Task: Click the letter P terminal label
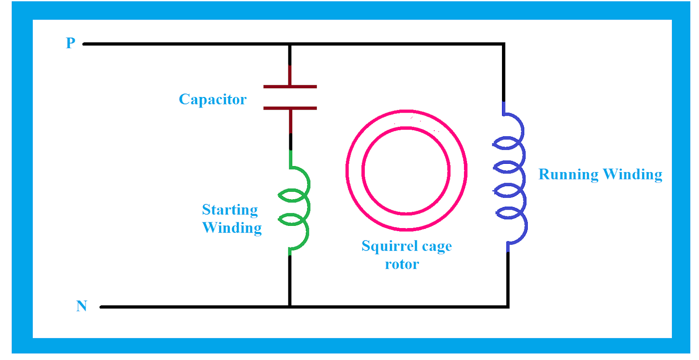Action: tap(70, 43)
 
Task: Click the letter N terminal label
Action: tap(82, 306)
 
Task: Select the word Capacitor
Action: tap(213, 100)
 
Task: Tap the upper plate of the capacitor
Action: tap(290, 87)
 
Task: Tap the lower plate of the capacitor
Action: tap(290, 108)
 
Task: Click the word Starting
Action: tap(230, 210)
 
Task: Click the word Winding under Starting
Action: tap(232, 228)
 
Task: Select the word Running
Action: tap(568, 174)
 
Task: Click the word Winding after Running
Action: tap(633, 174)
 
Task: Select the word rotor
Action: tap(402, 264)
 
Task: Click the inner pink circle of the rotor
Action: tap(406, 128)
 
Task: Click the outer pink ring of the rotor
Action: tap(406, 111)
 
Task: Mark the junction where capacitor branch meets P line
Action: tap(290, 44)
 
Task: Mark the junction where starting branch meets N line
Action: tap(290, 307)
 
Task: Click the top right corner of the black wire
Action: tap(504, 44)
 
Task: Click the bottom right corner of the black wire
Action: tap(508, 307)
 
